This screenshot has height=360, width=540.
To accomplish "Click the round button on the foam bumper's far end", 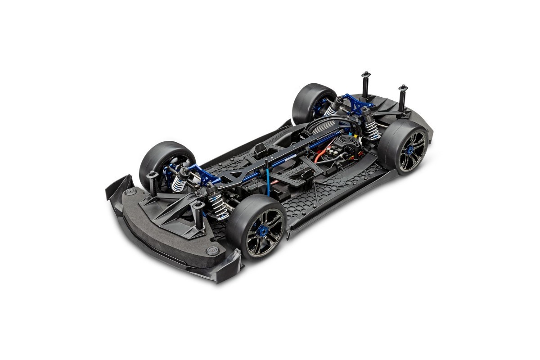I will coord(130,192).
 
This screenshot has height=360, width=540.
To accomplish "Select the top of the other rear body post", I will coord(365,73).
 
